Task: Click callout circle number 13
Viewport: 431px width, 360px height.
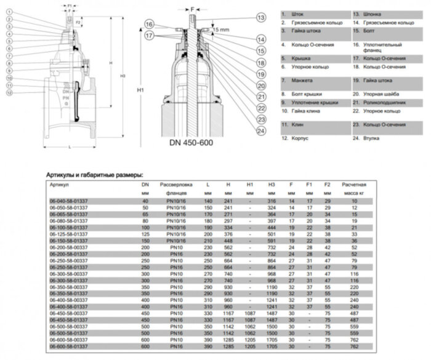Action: tap(260, 17)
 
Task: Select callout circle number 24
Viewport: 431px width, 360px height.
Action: tap(260, 130)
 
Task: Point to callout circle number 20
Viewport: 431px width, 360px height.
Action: tap(260, 86)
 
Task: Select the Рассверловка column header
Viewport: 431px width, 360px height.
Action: tap(176, 185)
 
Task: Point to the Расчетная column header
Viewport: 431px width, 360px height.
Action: tap(354, 185)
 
